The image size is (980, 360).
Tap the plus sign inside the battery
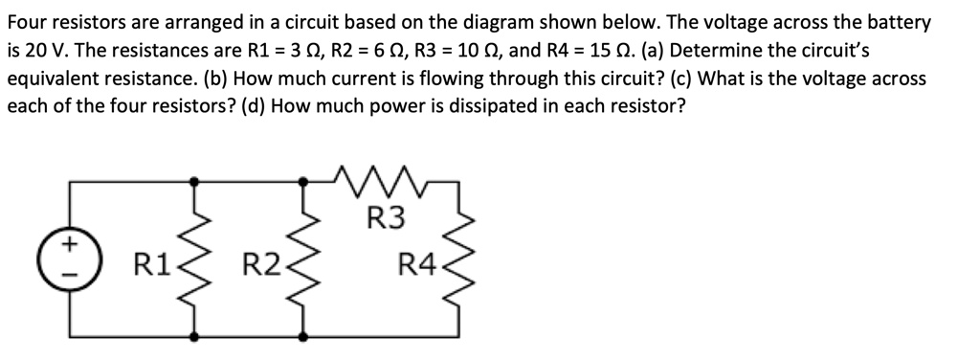70,245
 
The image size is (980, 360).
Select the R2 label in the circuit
259,259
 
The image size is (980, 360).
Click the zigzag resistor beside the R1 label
195,258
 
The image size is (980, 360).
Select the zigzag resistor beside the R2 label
304,258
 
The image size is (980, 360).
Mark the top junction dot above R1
195,179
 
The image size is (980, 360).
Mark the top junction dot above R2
304,179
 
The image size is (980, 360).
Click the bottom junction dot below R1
195,337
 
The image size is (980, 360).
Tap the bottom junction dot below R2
304,337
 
